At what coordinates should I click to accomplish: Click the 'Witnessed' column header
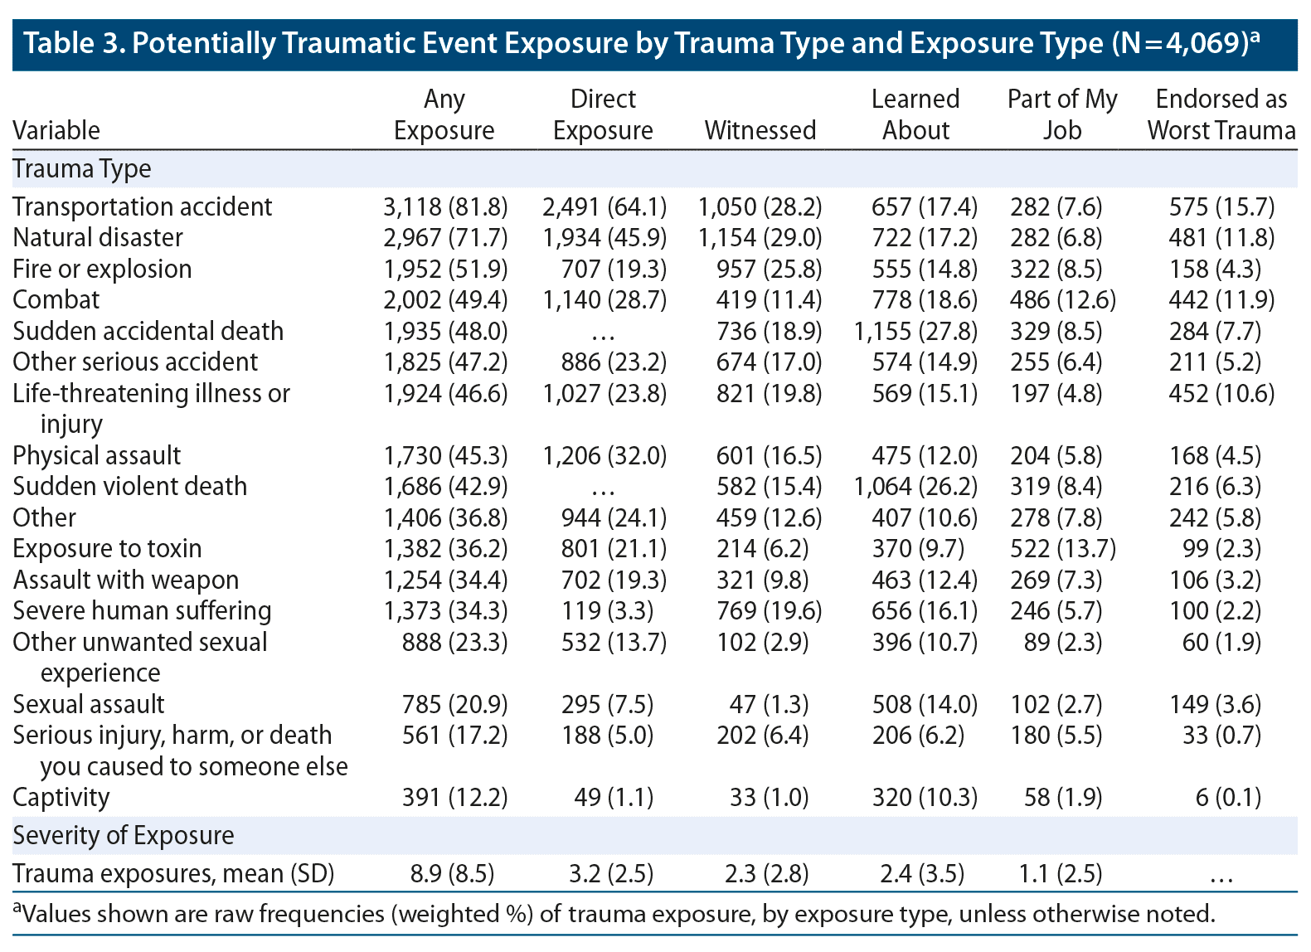760,130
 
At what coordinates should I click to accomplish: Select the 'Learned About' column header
915,114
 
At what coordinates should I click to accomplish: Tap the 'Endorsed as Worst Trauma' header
1221,114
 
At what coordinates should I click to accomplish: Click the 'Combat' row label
56,299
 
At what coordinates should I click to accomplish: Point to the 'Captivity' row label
61,797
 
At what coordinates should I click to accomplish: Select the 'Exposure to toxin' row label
107,548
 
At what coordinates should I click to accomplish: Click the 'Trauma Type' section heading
82,168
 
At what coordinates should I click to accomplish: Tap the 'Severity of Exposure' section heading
124,835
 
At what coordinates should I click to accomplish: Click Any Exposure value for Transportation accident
445,206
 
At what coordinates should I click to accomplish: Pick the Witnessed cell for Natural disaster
760,237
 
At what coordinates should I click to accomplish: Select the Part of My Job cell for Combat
1062,299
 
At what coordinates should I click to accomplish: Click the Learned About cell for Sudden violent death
915,486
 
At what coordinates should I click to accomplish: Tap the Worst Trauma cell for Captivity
1227,797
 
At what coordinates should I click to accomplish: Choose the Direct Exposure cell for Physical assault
604,455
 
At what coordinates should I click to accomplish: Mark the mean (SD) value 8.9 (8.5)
452,873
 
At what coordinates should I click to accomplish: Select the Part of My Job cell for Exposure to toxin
1062,548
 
